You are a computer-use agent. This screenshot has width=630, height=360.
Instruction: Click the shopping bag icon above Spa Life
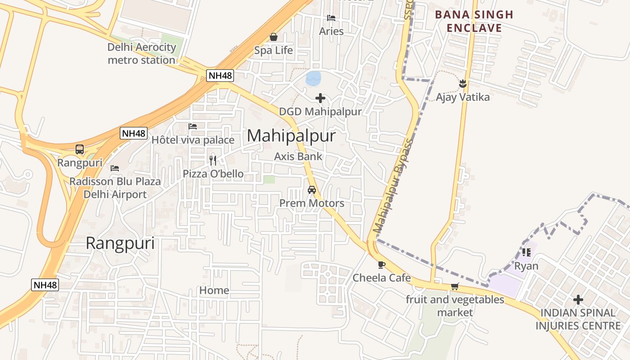point(273,37)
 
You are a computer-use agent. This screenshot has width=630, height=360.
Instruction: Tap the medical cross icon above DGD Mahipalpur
point(320,98)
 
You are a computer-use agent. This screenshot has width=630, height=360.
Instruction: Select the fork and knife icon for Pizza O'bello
point(213,160)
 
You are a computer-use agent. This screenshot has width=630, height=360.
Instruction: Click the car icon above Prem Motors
point(311,190)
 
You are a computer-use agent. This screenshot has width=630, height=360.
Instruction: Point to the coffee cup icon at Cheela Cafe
point(381,265)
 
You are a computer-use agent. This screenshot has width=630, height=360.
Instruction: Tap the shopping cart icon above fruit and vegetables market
point(454,286)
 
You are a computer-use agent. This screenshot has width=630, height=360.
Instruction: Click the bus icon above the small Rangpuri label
point(80,149)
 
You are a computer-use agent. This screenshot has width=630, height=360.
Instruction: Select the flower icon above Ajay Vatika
point(462,84)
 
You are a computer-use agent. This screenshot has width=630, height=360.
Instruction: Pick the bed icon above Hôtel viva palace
point(193,126)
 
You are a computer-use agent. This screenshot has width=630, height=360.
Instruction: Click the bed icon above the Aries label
point(331,18)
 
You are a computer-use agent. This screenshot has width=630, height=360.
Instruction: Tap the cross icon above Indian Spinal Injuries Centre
point(578,299)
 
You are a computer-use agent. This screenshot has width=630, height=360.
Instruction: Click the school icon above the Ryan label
point(526,252)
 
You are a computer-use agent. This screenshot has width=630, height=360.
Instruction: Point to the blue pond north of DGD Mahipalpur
point(313,78)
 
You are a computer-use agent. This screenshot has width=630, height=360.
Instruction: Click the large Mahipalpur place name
point(291,135)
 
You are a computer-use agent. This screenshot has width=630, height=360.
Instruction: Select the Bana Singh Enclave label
point(474,21)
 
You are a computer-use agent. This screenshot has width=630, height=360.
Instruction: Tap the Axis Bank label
point(298,156)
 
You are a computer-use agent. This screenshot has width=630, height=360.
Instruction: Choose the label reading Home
point(214,290)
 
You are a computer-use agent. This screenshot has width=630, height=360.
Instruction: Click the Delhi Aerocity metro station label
point(141,54)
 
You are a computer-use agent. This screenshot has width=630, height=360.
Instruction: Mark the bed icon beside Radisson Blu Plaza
point(115,168)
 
